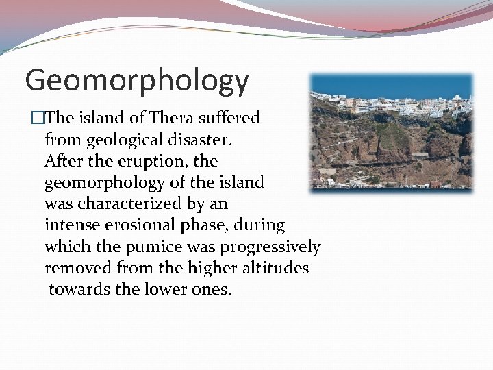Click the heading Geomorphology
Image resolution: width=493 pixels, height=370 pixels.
[x=137, y=81]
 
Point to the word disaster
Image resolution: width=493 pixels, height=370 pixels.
[x=203, y=140]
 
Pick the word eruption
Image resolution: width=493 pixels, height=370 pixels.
[x=151, y=162]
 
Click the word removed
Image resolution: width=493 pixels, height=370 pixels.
[x=75, y=268]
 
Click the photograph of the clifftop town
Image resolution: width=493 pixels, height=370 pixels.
[x=391, y=132]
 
